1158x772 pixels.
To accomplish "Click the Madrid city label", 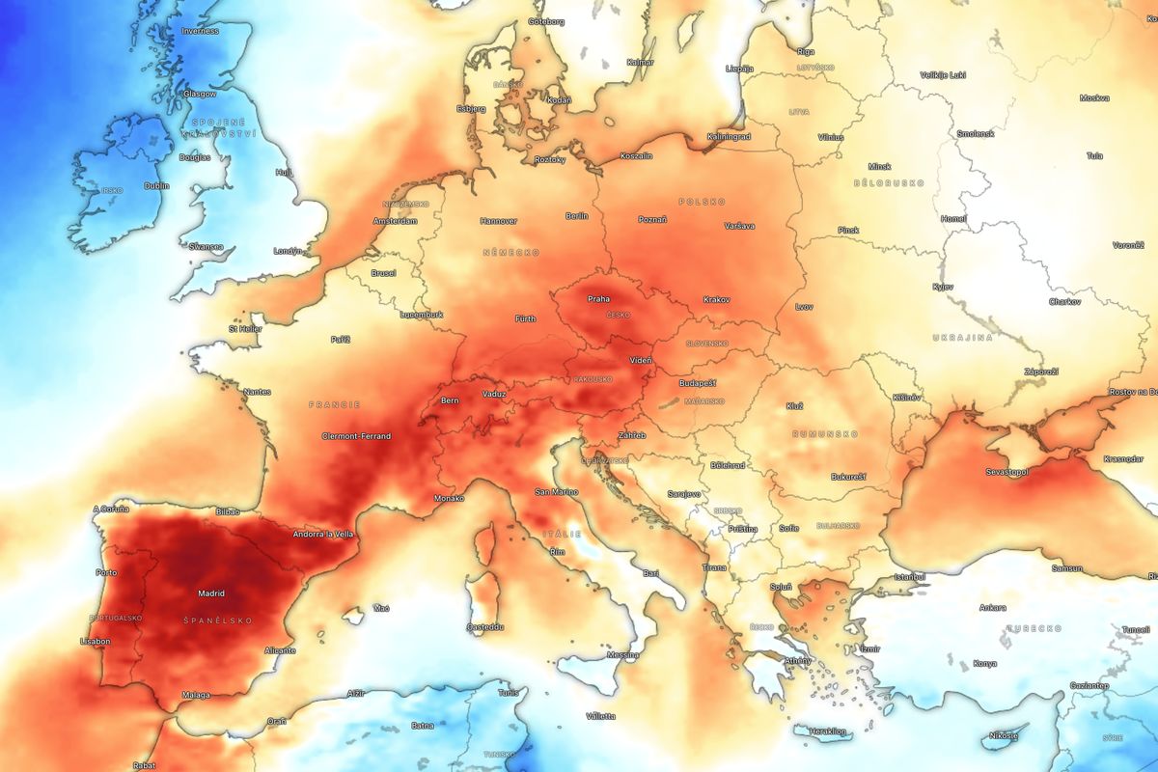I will tap(210, 593).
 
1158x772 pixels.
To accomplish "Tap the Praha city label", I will tap(598, 299).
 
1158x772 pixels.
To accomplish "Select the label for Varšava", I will tap(739, 226).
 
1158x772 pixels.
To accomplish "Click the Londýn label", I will tap(288, 251).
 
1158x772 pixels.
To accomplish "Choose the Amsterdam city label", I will tap(395, 221).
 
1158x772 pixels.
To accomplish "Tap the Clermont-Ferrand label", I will tap(356, 436).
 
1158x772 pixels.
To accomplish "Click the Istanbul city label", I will tap(909, 576).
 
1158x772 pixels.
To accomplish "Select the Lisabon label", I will tap(96, 641).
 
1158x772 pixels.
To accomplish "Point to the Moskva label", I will tap(1094, 97).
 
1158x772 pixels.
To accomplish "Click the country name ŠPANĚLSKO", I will tap(210, 620).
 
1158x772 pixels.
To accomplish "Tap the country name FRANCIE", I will tap(334, 404).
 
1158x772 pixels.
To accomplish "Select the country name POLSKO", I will tap(702, 202).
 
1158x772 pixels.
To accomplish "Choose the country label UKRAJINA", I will tap(962, 337).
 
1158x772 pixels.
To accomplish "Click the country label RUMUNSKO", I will tap(824, 434).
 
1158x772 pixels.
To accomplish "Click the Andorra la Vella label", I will tap(325, 534).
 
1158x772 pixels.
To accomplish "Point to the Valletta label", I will tap(599, 716).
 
